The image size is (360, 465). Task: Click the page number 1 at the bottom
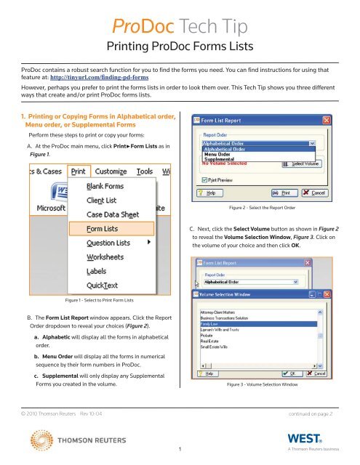180,451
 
